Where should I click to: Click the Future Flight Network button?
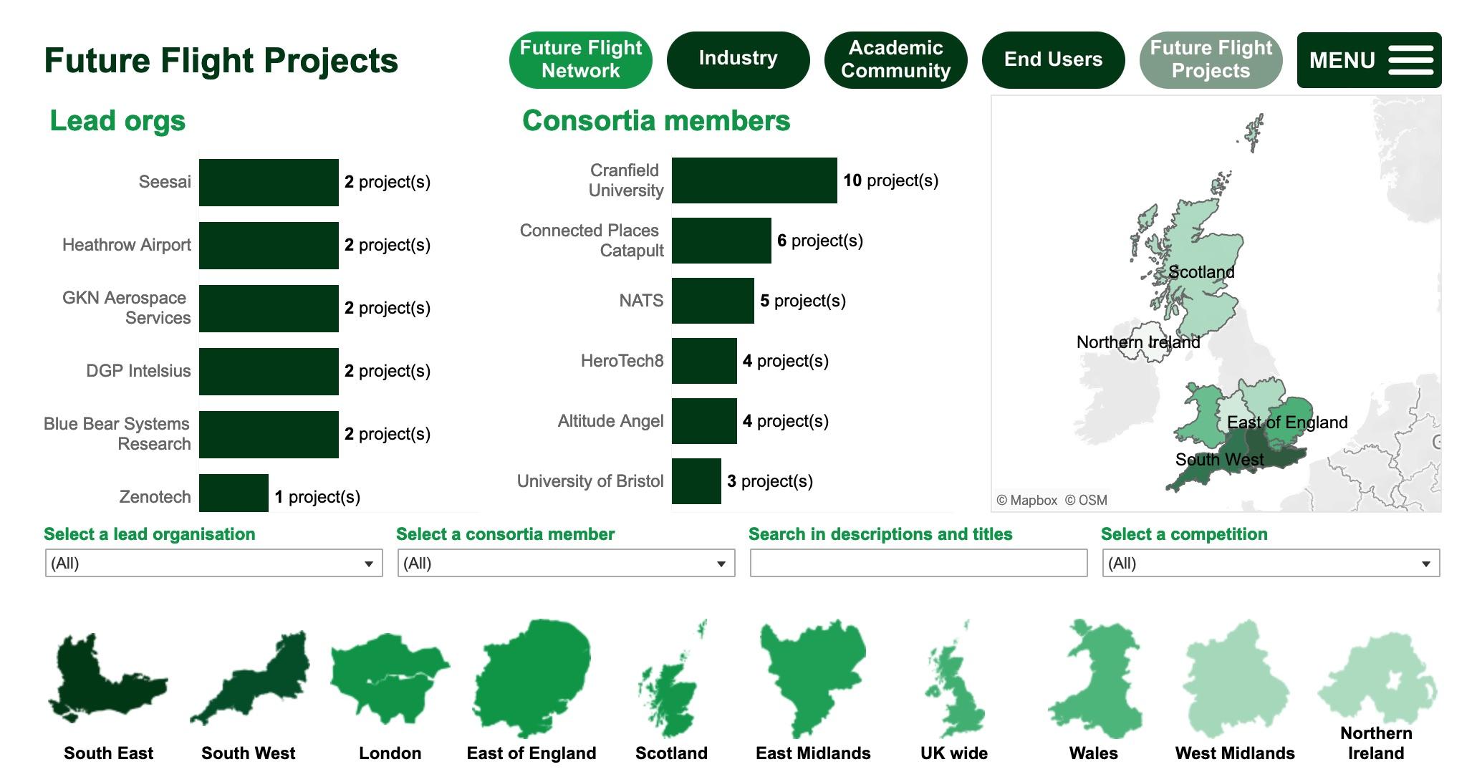pyautogui.click(x=580, y=59)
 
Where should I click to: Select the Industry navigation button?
pyautogui.click(x=738, y=59)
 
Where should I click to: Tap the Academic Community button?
pyautogui.click(x=895, y=59)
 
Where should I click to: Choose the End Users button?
pyautogui.click(x=1053, y=59)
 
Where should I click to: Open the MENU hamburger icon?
pyautogui.click(x=1410, y=60)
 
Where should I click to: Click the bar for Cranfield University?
pyautogui.click(x=754, y=180)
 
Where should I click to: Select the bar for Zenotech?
pyautogui.click(x=234, y=493)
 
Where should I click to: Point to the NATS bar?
pyautogui.click(x=713, y=301)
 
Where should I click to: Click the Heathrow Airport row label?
pyautogui.click(x=127, y=245)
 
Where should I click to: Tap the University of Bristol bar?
pyautogui.click(x=696, y=481)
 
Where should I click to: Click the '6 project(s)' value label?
pyautogui.click(x=819, y=241)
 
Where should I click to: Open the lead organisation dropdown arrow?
pyautogui.click(x=368, y=564)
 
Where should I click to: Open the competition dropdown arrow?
pyautogui.click(x=1425, y=564)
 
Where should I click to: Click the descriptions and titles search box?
pyautogui.click(x=918, y=564)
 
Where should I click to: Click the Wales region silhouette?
pyautogui.click(x=1094, y=680)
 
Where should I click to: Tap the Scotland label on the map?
pyautogui.click(x=1201, y=272)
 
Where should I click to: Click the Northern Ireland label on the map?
pyautogui.click(x=1137, y=342)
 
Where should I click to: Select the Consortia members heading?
pyautogui.click(x=655, y=121)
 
